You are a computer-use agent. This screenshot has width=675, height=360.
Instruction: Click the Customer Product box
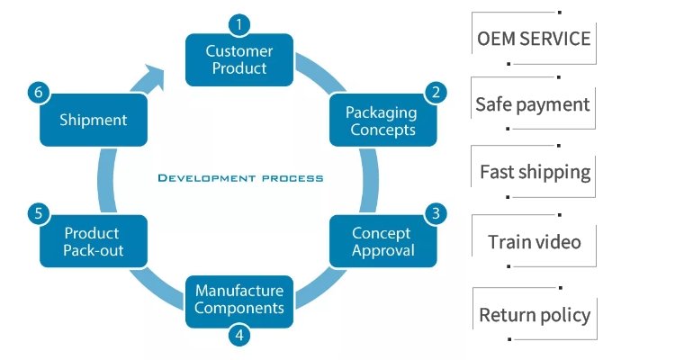coord(239,59)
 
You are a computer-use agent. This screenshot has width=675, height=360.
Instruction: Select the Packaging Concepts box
coord(382,121)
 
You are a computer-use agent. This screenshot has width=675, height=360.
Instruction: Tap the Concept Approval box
coord(382,241)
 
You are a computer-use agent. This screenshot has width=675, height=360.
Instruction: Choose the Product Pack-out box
coord(93,241)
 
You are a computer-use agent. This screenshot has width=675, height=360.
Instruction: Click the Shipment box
coord(93,120)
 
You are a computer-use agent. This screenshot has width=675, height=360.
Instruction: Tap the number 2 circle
coord(436,92)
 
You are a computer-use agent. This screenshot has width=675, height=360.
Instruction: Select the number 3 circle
coord(436,213)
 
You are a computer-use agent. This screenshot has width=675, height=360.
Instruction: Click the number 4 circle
coord(239,336)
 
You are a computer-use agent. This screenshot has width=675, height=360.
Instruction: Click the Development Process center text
coord(240,178)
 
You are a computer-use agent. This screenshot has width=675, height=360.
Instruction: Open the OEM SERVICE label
coord(534,39)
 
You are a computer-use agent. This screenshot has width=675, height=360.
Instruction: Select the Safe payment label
coord(533,104)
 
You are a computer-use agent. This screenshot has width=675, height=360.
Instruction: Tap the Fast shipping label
coord(535,172)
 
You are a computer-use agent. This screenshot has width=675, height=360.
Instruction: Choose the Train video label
coord(535,241)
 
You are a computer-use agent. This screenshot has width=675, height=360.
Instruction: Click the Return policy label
coord(535,315)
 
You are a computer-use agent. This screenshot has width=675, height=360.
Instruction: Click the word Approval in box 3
coord(382,251)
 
